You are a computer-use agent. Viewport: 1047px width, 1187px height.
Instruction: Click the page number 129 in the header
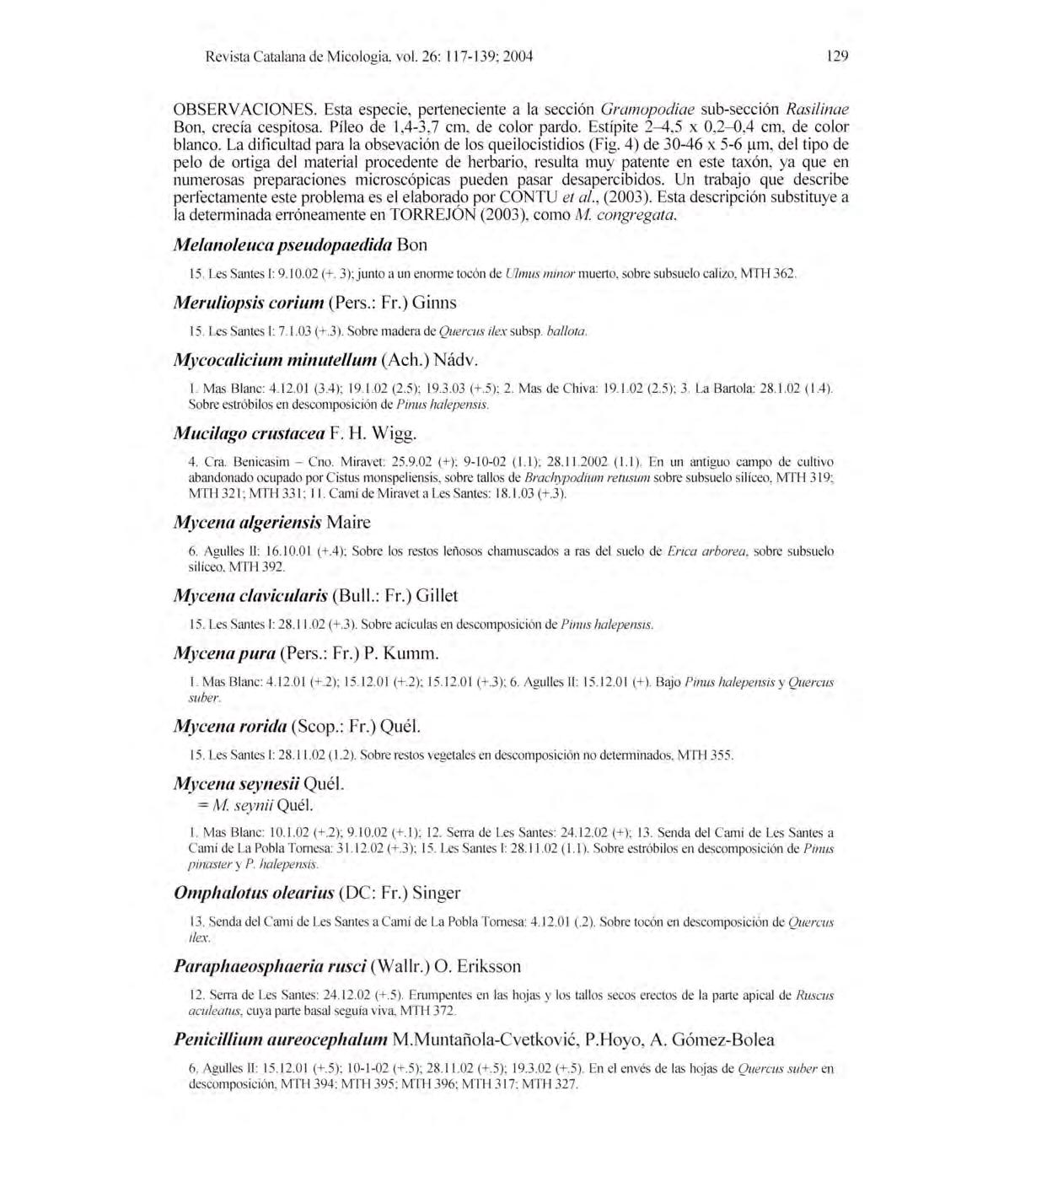coord(836,56)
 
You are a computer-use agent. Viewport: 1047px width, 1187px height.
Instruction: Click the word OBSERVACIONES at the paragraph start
coord(244,109)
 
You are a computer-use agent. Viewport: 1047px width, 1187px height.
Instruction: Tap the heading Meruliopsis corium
coord(249,302)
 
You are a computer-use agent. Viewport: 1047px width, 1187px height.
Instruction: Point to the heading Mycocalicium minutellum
coord(275,360)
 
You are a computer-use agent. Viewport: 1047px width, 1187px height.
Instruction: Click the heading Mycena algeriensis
coord(247,523)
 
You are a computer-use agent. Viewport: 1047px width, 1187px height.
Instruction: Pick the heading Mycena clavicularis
coord(250,595)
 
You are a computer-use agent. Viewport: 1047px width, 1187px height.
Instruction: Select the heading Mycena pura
coord(224,653)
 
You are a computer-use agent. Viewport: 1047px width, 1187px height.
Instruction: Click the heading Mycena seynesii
coord(235,783)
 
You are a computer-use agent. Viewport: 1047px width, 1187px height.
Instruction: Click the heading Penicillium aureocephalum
coord(281,1039)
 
